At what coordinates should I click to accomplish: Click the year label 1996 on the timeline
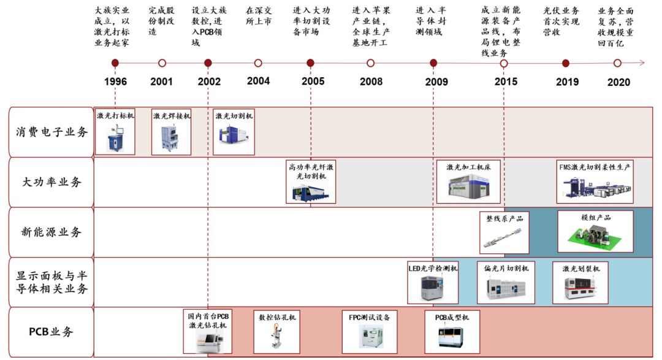click(115, 82)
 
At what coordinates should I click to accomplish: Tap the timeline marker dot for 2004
click(258, 63)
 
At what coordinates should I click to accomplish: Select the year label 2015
click(506, 82)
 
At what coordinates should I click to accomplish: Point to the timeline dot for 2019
click(566, 63)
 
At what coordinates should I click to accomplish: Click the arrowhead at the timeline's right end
click(641, 63)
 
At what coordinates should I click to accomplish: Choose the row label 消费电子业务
click(51, 132)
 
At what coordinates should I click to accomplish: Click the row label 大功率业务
click(51, 182)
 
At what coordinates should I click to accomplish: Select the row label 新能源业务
click(51, 232)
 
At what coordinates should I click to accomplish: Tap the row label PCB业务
click(51, 332)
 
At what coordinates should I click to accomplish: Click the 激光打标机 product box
click(115, 132)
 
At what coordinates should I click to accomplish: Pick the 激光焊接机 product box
click(172, 132)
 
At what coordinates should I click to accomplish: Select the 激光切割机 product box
click(234, 132)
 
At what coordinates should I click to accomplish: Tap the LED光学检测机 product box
click(433, 283)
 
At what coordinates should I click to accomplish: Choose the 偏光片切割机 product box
click(506, 283)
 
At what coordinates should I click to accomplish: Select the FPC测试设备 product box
click(370, 332)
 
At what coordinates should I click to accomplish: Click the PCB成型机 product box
click(452, 332)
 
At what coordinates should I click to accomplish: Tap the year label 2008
click(371, 82)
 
